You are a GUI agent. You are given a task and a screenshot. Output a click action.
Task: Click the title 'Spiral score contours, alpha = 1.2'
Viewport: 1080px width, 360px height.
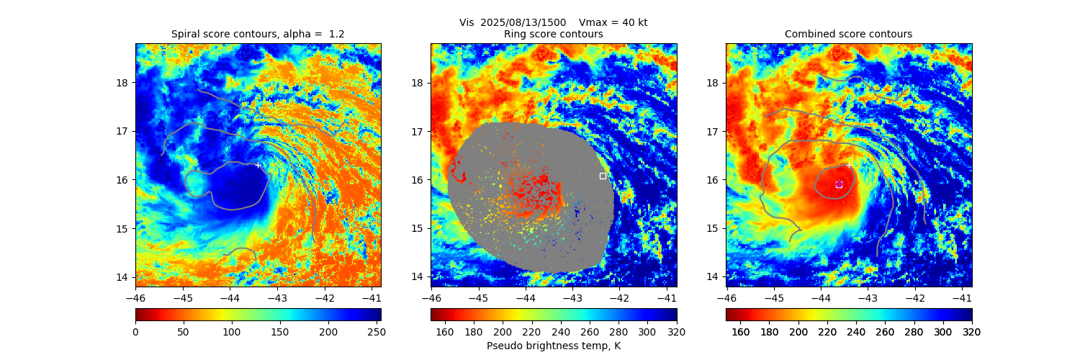click(x=258, y=34)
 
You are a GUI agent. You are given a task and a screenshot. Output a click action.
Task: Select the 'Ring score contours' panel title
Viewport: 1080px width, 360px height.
click(x=553, y=34)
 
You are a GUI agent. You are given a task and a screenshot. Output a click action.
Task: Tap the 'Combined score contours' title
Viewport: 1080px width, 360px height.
click(x=848, y=34)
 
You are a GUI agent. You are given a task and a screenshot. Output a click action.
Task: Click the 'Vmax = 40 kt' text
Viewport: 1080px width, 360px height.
click(x=613, y=22)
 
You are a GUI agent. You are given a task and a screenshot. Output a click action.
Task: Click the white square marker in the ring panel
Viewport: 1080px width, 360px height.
click(x=603, y=176)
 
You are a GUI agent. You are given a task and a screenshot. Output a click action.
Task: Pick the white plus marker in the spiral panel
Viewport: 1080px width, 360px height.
click(x=258, y=165)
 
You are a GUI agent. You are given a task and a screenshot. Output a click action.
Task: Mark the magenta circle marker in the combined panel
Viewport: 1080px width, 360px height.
click(x=839, y=184)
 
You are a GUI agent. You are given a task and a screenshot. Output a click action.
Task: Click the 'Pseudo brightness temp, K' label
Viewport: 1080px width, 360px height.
click(x=553, y=346)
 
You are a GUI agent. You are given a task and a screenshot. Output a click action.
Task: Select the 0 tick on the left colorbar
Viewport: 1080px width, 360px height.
click(x=135, y=332)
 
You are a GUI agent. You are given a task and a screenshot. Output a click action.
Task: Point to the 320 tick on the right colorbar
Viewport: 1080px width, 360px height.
click(x=971, y=332)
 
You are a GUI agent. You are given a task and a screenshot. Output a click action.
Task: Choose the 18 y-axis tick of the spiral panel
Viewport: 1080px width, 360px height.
click(x=122, y=82)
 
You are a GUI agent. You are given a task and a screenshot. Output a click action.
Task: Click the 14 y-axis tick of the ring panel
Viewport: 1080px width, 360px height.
click(x=417, y=277)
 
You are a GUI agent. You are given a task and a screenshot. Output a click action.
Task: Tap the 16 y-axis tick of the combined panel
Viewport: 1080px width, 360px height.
click(x=712, y=180)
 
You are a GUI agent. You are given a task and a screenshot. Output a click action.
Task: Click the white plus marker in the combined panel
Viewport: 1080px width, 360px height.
click(x=849, y=165)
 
